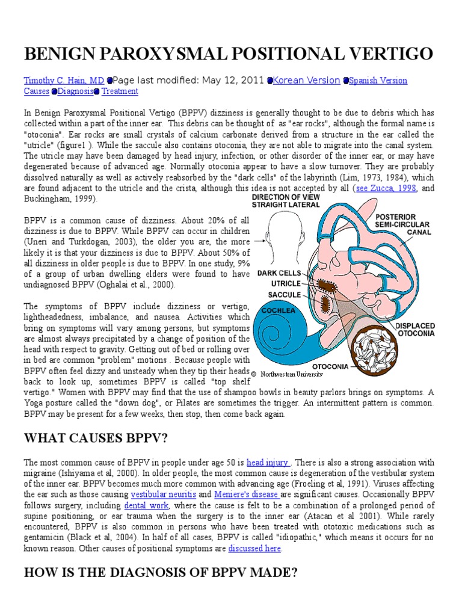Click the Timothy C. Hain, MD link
pyautogui.click(x=64, y=80)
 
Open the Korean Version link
pyautogui.click(x=306, y=80)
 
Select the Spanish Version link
pyautogui.click(x=378, y=80)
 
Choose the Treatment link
pyautogui.click(x=120, y=91)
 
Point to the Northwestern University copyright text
pyautogui.click(x=289, y=374)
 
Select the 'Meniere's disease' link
pyautogui.click(x=248, y=494)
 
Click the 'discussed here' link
pyautogui.click(x=254, y=549)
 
